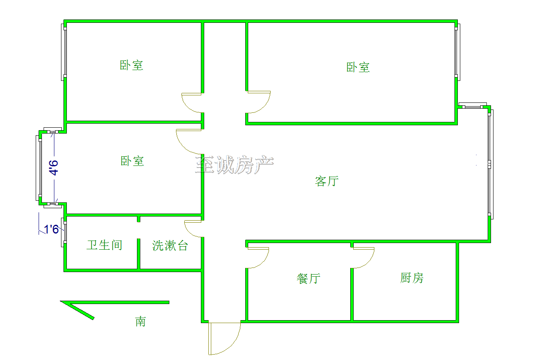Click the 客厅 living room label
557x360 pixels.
(x=327, y=181)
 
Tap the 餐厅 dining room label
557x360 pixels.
(x=308, y=278)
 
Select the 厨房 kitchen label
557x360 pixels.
(x=412, y=278)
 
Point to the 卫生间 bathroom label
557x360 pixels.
(x=104, y=245)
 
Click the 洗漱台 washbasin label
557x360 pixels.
(x=170, y=246)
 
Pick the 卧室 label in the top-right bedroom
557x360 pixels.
(x=358, y=67)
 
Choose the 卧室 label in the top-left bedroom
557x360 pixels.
(x=132, y=65)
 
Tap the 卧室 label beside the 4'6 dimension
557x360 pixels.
(x=132, y=161)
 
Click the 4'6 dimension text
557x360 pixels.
(x=54, y=168)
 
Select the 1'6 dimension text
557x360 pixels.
(x=51, y=229)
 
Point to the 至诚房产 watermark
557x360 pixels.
(x=235, y=165)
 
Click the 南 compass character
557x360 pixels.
(x=140, y=321)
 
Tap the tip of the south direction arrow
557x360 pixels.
(x=61, y=302)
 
